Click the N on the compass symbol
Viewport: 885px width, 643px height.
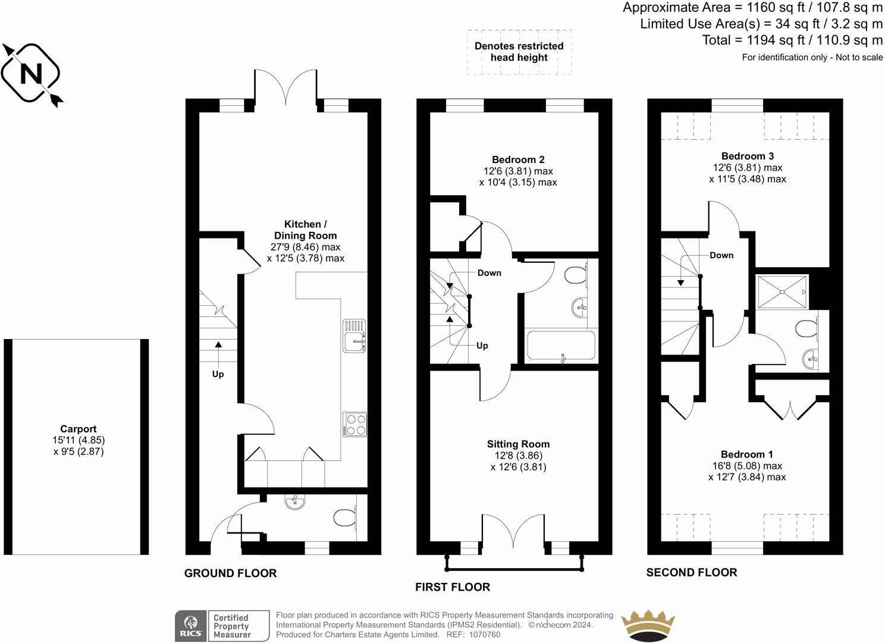tap(31, 74)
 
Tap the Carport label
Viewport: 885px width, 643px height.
tap(79, 429)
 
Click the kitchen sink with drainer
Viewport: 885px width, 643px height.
tap(354, 335)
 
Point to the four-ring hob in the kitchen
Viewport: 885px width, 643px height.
tap(355, 424)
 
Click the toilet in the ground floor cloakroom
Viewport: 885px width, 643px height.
tap(345, 517)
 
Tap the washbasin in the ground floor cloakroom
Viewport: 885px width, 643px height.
tap(295, 503)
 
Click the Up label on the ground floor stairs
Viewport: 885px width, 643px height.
tap(218, 374)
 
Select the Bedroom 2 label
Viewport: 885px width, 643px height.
tap(518, 159)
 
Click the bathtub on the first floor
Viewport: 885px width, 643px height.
tap(561, 346)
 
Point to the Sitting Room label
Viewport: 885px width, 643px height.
tap(519, 444)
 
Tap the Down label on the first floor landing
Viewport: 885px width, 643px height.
tap(489, 272)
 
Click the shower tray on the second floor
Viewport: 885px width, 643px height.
tap(782, 291)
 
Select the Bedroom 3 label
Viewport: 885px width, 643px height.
tap(748, 156)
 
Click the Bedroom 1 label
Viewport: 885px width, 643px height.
tap(747, 454)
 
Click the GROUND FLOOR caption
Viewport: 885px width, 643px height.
tap(230, 573)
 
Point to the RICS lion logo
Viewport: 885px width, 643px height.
tap(191, 626)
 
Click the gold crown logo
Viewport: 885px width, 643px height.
tap(648, 625)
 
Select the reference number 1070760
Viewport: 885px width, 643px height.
tap(485, 635)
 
